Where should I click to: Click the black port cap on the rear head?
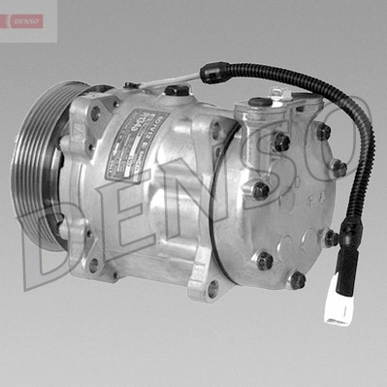260,101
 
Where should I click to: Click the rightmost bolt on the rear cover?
338,168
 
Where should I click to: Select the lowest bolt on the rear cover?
297,280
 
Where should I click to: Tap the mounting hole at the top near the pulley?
95,113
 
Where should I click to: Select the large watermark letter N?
194,194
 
